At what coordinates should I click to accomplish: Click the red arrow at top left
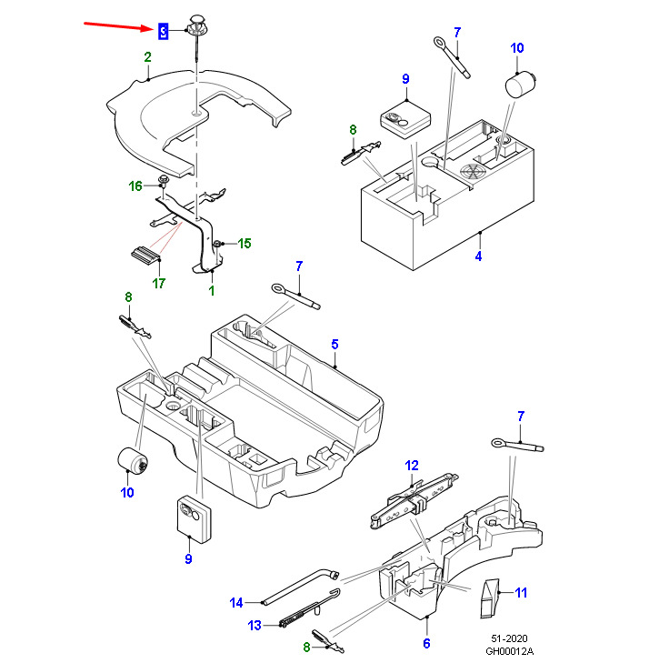pos(117,25)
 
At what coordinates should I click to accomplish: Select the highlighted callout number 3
pos(164,32)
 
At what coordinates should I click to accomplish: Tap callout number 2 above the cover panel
pos(146,57)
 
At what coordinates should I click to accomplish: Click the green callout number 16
pos(135,186)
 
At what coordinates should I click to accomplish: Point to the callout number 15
pos(244,243)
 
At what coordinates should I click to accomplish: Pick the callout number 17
pos(159,282)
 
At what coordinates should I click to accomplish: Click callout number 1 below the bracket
pos(213,290)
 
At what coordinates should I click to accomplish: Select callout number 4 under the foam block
pos(478,256)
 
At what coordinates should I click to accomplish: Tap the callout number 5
pos(334,344)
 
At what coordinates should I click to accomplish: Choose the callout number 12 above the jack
pos(412,465)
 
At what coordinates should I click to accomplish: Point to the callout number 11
pos(521,593)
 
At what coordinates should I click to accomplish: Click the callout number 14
pos(236,602)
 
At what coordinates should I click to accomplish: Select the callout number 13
pos(255,625)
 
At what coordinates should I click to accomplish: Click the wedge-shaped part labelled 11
pos(490,597)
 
